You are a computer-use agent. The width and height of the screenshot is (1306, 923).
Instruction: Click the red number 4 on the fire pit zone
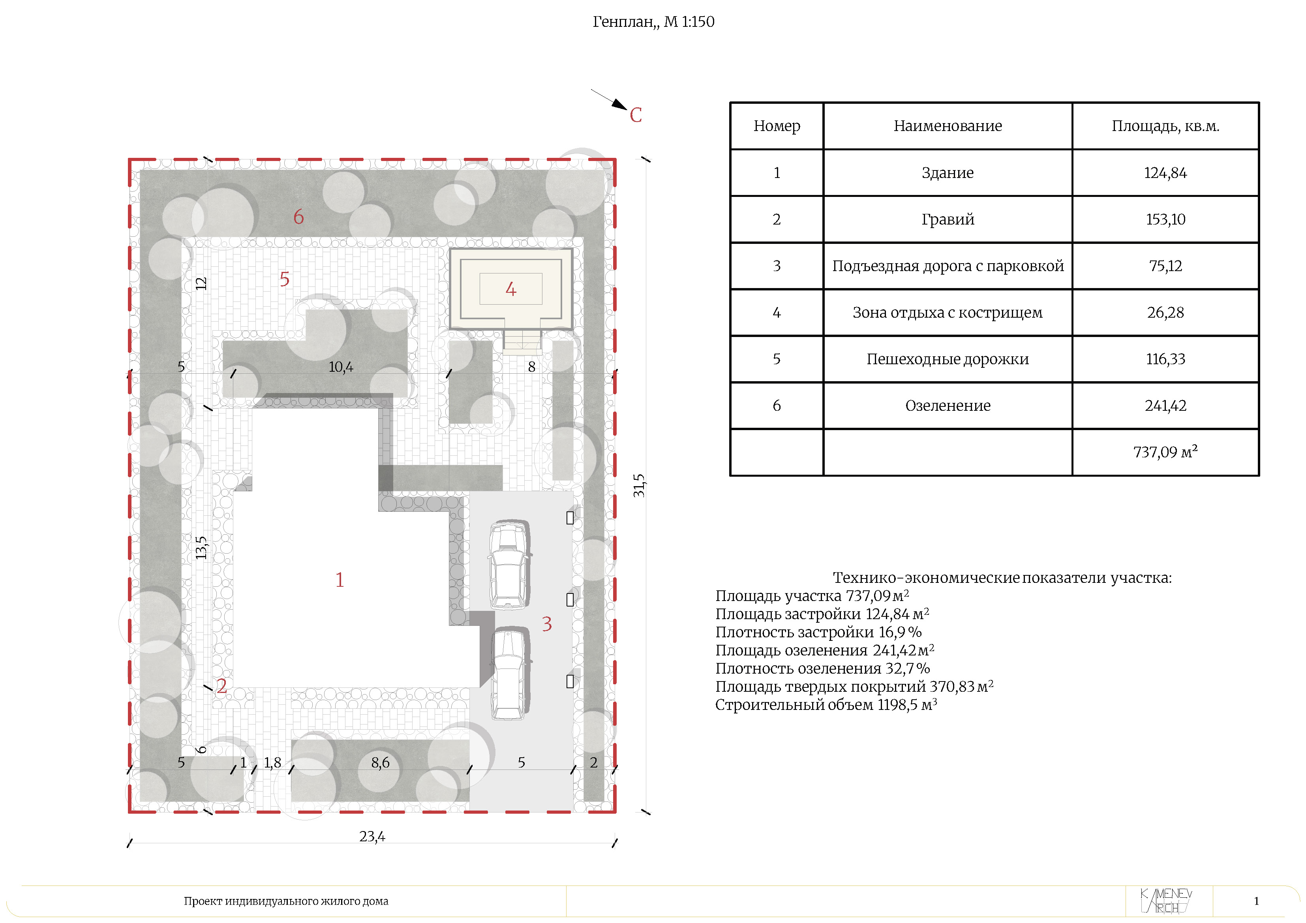[x=511, y=290]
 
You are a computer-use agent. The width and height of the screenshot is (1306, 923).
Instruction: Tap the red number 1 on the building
[x=340, y=580]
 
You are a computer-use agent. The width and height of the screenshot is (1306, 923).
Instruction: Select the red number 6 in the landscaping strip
[x=298, y=217]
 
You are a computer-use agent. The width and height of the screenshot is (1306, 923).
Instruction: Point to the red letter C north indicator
[x=636, y=115]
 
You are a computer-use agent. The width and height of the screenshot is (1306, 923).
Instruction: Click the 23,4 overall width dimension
[x=372, y=837]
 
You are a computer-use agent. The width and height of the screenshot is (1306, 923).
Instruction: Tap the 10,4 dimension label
[x=341, y=367]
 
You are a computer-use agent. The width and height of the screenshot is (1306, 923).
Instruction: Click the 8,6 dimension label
[x=381, y=763]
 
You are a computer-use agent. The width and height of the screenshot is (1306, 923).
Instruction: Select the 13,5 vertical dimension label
[x=201, y=548]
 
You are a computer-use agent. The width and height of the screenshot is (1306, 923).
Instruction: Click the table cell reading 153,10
[x=1165, y=219]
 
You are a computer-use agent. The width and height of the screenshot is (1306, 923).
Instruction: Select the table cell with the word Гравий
[x=948, y=219]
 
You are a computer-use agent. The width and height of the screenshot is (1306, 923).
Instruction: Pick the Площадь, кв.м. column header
[x=1165, y=125]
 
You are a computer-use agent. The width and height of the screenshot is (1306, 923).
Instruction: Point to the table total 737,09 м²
[x=1165, y=452]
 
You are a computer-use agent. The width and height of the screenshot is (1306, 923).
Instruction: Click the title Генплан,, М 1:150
[x=653, y=22]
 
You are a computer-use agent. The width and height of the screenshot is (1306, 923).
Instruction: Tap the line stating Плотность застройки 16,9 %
[x=818, y=632]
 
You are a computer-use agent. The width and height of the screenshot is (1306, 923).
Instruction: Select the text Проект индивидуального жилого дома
[x=286, y=901]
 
